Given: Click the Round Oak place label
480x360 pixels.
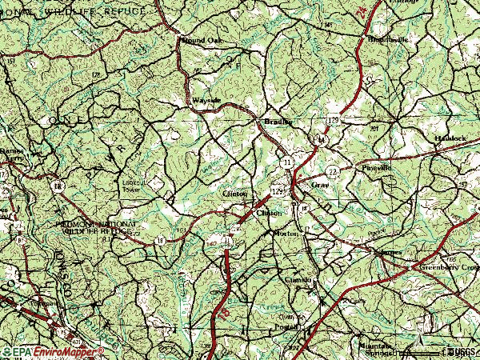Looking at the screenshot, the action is (x=199, y=39).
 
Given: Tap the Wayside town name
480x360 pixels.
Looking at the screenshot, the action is (x=206, y=101).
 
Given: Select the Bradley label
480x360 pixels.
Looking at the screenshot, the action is (x=274, y=122).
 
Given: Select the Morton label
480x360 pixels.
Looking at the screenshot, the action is (x=286, y=233).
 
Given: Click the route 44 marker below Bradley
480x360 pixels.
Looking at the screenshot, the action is (x=319, y=139).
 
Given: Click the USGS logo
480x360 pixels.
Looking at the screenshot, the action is (x=459, y=350).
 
